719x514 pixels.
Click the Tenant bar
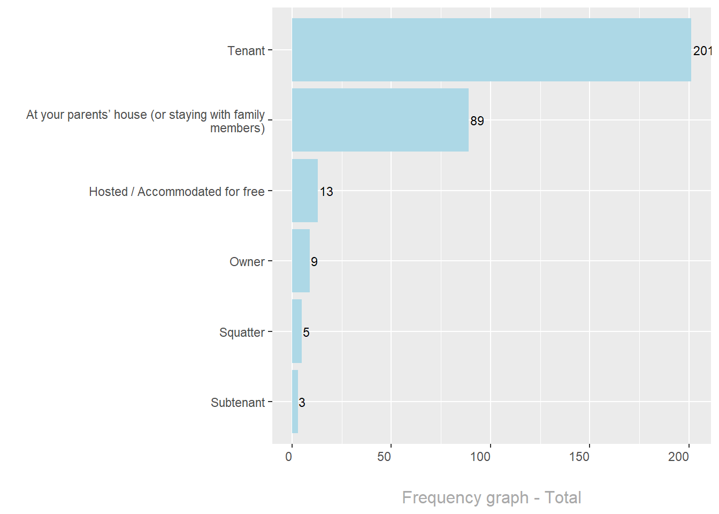[491, 50]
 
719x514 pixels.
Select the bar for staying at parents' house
[380, 120]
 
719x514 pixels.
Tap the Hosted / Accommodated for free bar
[305, 191]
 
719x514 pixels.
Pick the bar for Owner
[301, 261]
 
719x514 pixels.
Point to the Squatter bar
[297, 331]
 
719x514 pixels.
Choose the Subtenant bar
[295, 402]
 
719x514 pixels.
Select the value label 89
[477, 121]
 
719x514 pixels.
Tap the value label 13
[326, 192]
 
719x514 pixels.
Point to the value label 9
[314, 262]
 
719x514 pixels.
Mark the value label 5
[306, 332]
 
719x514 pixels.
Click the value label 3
[302, 403]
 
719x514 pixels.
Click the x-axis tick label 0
[289, 457]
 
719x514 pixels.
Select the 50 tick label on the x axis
[384, 457]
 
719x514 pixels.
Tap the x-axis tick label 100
[480, 457]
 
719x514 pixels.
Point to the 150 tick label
[579, 457]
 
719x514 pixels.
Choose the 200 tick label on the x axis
[678, 457]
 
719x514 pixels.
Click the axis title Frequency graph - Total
[492, 497]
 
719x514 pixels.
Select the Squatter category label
[242, 332]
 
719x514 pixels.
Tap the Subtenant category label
[238, 403]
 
